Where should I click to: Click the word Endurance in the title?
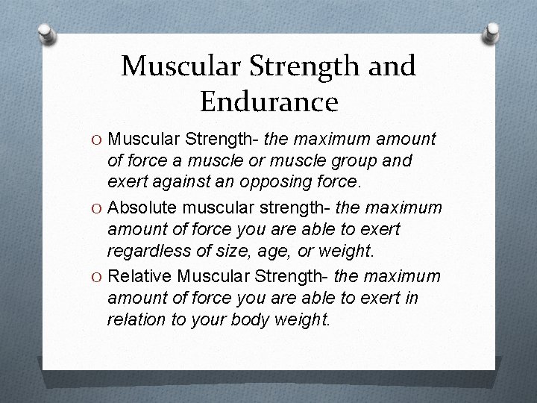[x=268, y=100]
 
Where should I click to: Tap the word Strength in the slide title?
[x=295, y=66]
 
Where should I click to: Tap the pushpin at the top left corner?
[x=46, y=32]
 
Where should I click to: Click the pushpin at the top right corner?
[x=492, y=32]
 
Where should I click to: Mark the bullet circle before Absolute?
[x=97, y=206]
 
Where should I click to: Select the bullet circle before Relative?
[x=97, y=278]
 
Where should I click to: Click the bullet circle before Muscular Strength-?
[x=97, y=139]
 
